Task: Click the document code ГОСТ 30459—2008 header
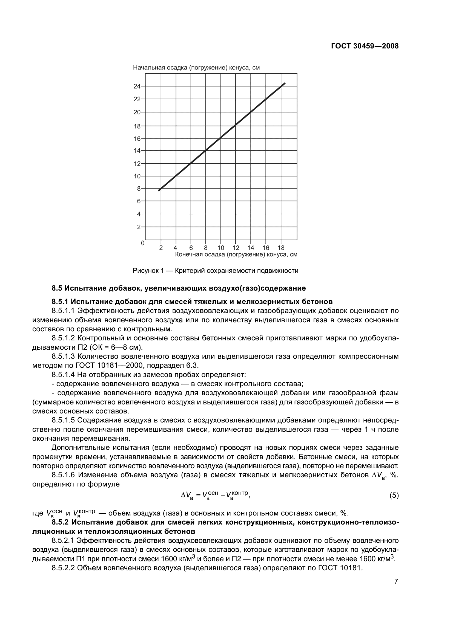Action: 365,46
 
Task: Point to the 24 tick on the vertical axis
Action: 137,86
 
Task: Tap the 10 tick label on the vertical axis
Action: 137,176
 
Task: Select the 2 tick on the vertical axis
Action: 139,227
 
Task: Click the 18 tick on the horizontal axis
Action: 281,248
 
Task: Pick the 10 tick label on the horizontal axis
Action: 221,248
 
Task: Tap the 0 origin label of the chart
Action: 142,243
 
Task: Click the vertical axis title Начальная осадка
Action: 196,68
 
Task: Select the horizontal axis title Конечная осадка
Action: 236,254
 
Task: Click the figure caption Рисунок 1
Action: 215,271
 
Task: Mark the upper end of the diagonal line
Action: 285,83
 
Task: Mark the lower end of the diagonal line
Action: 159,190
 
